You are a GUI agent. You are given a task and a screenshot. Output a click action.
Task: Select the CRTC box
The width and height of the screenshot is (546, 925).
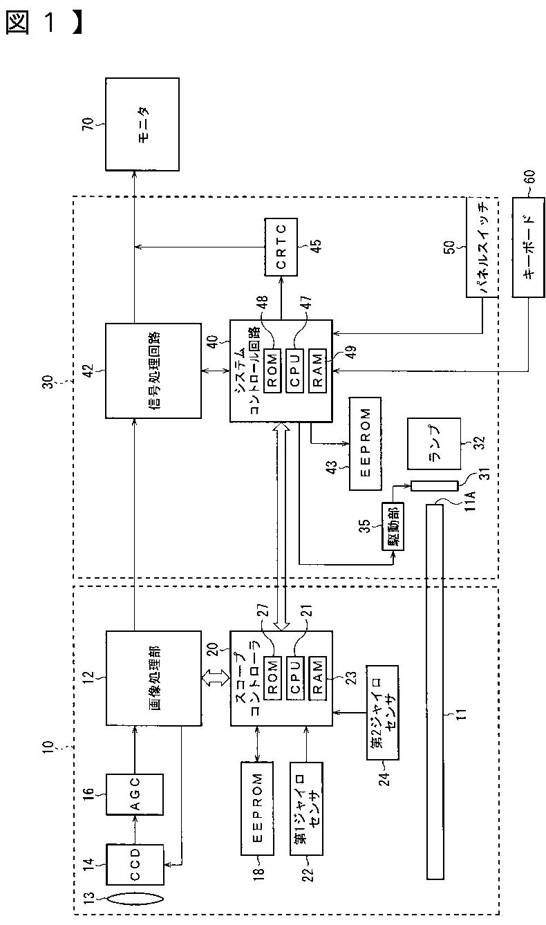coord(281,247)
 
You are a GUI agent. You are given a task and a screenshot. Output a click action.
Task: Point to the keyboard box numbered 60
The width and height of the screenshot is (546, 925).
coord(528,247)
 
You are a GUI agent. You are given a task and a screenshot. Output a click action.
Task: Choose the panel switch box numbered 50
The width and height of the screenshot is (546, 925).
coord(482,247)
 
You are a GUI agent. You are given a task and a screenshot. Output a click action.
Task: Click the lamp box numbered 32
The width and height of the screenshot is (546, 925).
coord(434,444)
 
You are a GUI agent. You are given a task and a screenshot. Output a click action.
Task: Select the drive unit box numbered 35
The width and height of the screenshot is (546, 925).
coord(393,526)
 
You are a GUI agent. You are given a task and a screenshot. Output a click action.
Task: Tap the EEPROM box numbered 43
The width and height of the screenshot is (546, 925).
coord(365,444)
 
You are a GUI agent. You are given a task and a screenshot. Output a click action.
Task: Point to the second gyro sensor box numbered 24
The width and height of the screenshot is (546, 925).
coord(383,712)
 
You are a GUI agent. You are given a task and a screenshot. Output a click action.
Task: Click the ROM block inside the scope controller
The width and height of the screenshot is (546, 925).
coord(273,678)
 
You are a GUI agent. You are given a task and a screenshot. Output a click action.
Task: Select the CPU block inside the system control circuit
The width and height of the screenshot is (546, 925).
coord(294,371)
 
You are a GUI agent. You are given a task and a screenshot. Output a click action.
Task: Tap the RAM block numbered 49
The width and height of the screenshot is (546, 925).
coord(317,371)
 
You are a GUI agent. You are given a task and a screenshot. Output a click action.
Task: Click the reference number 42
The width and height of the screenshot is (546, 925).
coord(89,371)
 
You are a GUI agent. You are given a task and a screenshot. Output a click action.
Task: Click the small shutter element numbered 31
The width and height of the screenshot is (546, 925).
coord(434,485)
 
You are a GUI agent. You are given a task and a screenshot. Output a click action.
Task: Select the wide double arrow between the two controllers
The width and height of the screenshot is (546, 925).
coord(281,527)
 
